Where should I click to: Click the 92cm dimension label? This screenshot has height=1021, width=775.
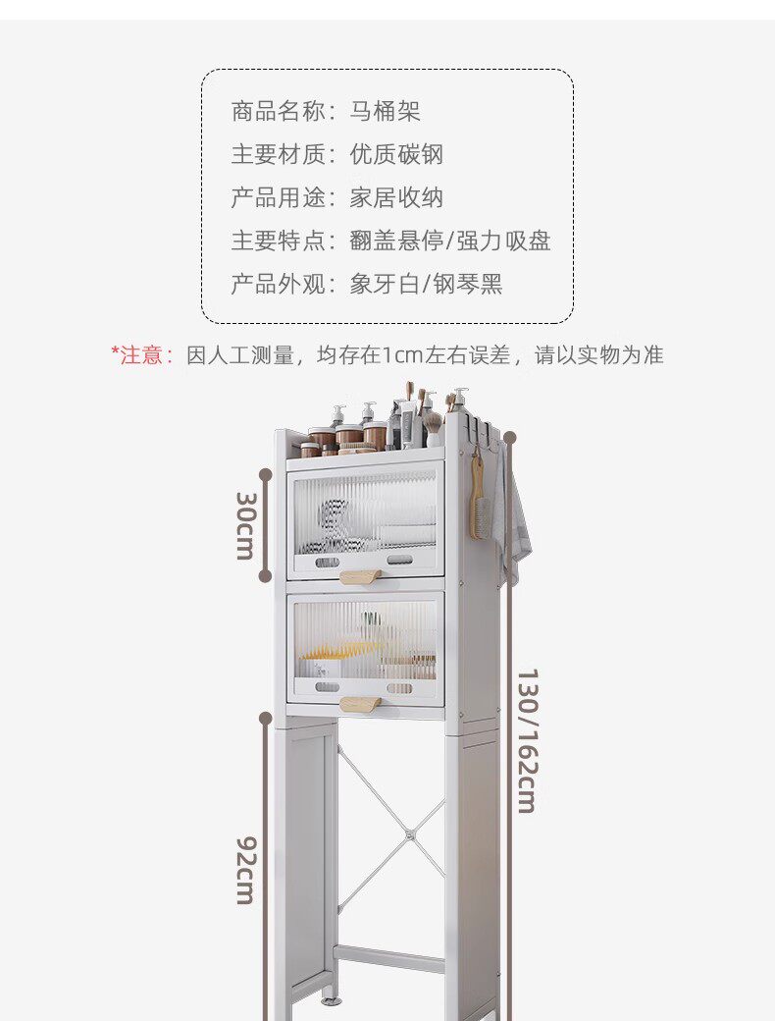click(244, 869)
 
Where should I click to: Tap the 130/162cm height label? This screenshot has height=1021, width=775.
click(527, 740)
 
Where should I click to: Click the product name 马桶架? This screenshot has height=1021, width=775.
click(386, 111)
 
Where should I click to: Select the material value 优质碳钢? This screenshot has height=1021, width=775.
click(396, 154)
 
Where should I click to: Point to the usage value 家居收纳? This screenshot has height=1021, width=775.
click(396, 197)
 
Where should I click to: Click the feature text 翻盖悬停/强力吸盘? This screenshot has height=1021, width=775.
click(449, 241)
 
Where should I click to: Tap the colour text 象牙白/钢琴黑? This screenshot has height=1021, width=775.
click(426, 284)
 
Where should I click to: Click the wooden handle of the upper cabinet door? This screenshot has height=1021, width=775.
click(360, 576)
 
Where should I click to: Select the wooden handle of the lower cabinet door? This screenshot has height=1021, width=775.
click(360, 703)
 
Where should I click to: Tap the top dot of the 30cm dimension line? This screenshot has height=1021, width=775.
click(265, 467)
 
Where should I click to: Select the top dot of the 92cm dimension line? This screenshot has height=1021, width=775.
click(265, 719)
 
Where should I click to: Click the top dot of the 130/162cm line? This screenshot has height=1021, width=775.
click(509, 437)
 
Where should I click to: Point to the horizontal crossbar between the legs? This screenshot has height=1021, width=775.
click(388, 958)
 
